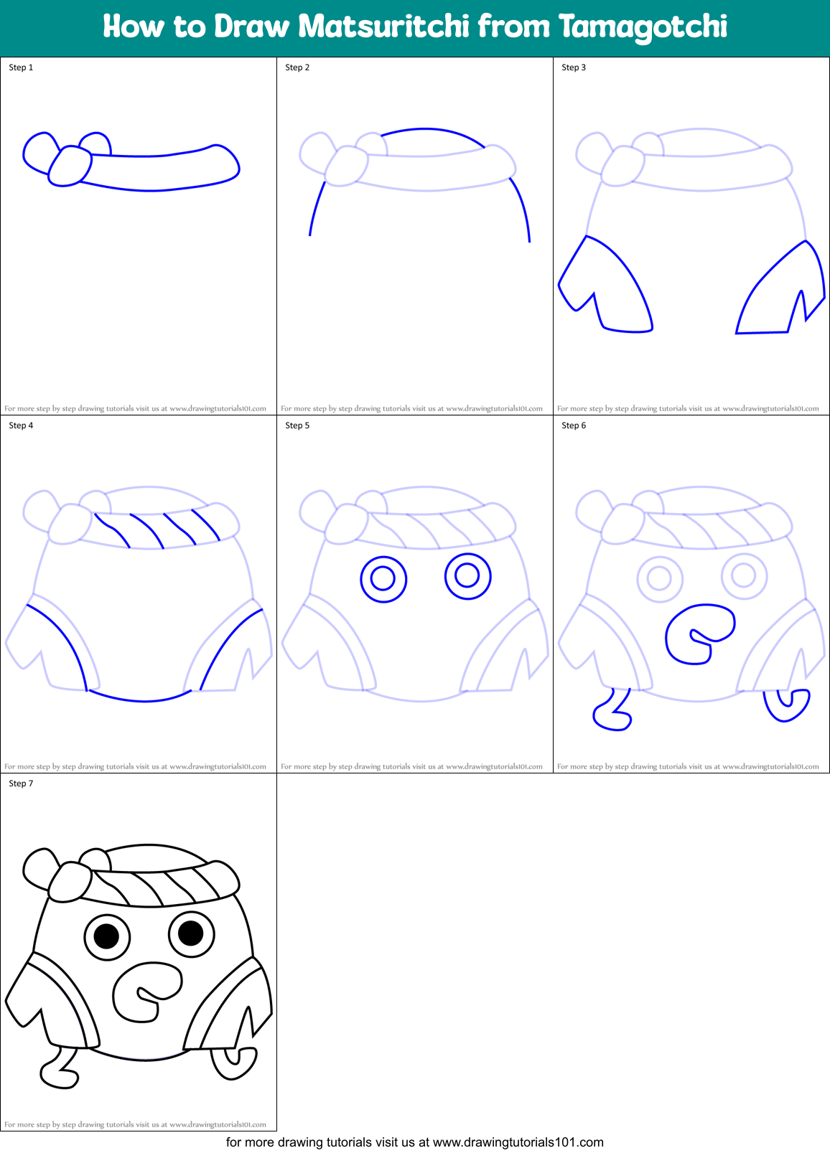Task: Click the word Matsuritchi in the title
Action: (383, 27)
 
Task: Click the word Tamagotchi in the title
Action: (643, 27)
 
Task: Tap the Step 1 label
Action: (21, 67)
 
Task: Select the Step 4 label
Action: (21, 425)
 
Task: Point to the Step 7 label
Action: (21, 783)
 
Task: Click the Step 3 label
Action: (574, 67)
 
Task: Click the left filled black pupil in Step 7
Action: (106, 936)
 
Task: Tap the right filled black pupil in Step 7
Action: (191, 933)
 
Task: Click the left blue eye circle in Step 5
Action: (383, 578)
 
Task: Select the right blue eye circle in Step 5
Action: (467, 575)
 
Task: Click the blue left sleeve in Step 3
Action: (610, 287)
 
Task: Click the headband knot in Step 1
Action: (70, 166)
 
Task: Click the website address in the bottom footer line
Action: (518, 1142)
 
